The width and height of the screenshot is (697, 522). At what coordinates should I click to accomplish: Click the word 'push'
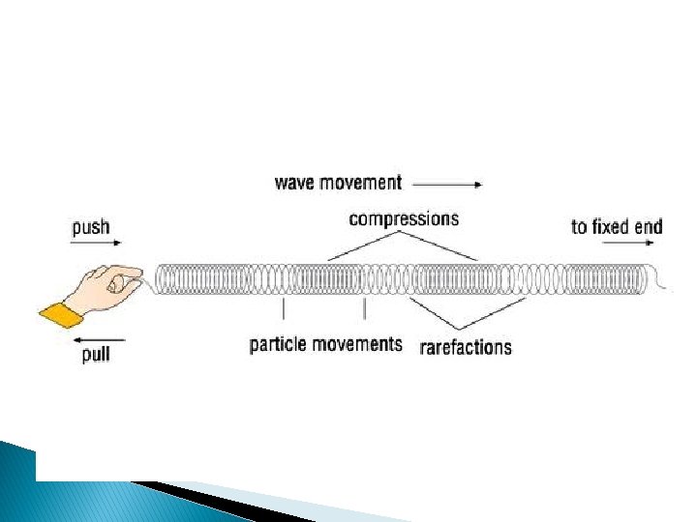[x=91, y=229]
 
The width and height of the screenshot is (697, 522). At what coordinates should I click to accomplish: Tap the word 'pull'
[x=95, y=355]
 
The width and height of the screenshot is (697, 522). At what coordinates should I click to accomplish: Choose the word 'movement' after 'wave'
[x=361, y=182]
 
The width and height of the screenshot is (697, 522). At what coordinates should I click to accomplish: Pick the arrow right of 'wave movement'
[x=446, y=182]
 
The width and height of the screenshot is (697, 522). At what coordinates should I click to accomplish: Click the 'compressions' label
[x=404, y=218]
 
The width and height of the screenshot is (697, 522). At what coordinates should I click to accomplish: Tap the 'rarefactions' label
[x=466, y=347]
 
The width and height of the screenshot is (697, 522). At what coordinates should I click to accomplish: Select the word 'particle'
[x=280, y=344]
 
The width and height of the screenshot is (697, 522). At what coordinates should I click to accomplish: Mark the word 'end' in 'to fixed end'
[x=650, y=227]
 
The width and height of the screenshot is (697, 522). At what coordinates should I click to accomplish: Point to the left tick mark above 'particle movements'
[x=283, y=309]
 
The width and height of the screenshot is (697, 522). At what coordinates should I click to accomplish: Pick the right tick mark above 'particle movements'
[x=364, y=309]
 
